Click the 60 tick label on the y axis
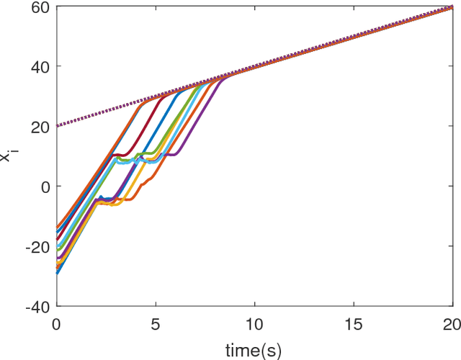(x=40, y=7)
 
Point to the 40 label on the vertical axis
(x=40, y=67)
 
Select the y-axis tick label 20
(x=40, y=127)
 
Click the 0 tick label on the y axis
(x=45, y=186)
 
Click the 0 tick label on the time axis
(x=56, y=324)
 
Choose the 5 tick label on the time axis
(x=156, y=324)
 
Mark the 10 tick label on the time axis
(x=254, y=324)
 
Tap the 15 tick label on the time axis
(x=353, y=324)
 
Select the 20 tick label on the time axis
(x=451, y=324)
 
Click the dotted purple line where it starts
(x=57, y=126)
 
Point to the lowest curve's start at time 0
(x=57, y=273)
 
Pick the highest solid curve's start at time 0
(x=57, y=228)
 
